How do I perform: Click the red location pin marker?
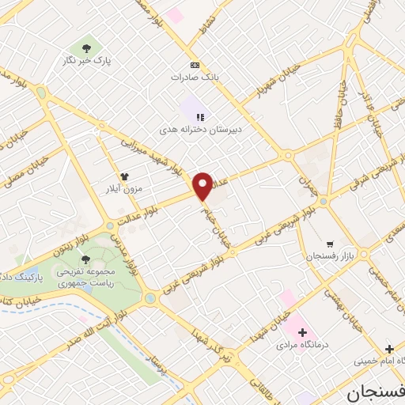pyautogui.click(x=203, y=186)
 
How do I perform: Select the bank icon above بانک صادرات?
pyautogui.click(x=195, y=65)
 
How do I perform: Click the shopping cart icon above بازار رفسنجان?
pyautogui.click(x=330, y=244)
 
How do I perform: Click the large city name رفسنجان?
pyautogui.click(x=377, y=392)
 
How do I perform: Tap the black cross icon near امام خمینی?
pyautogui.click(x=388, y=349)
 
